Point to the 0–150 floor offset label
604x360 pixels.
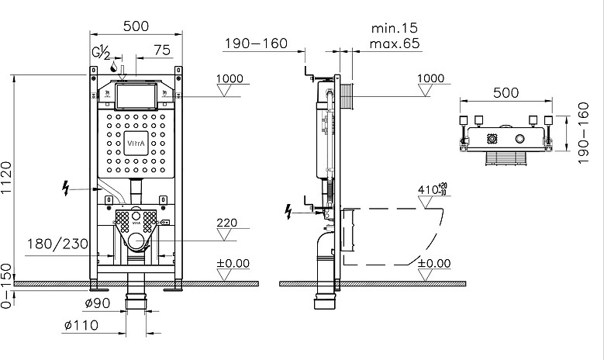7,286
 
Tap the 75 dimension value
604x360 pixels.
162,50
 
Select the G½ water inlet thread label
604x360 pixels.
102,52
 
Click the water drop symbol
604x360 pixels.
114,67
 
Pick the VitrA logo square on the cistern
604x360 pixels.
136,144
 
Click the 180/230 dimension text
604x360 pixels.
57,244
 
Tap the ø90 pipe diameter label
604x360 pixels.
98,303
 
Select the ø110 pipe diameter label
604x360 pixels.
81,326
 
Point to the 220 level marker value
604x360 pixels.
227,223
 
